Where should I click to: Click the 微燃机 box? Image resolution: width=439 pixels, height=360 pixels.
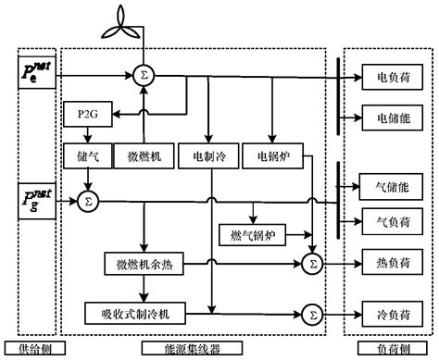[x=144, y=156]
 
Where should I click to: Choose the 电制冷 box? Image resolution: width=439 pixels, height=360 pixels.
[x=209, y=156]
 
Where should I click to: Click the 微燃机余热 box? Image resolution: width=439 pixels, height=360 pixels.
[x=144, y=265]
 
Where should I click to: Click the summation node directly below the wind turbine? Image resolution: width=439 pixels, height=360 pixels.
[x=144, y=72]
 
